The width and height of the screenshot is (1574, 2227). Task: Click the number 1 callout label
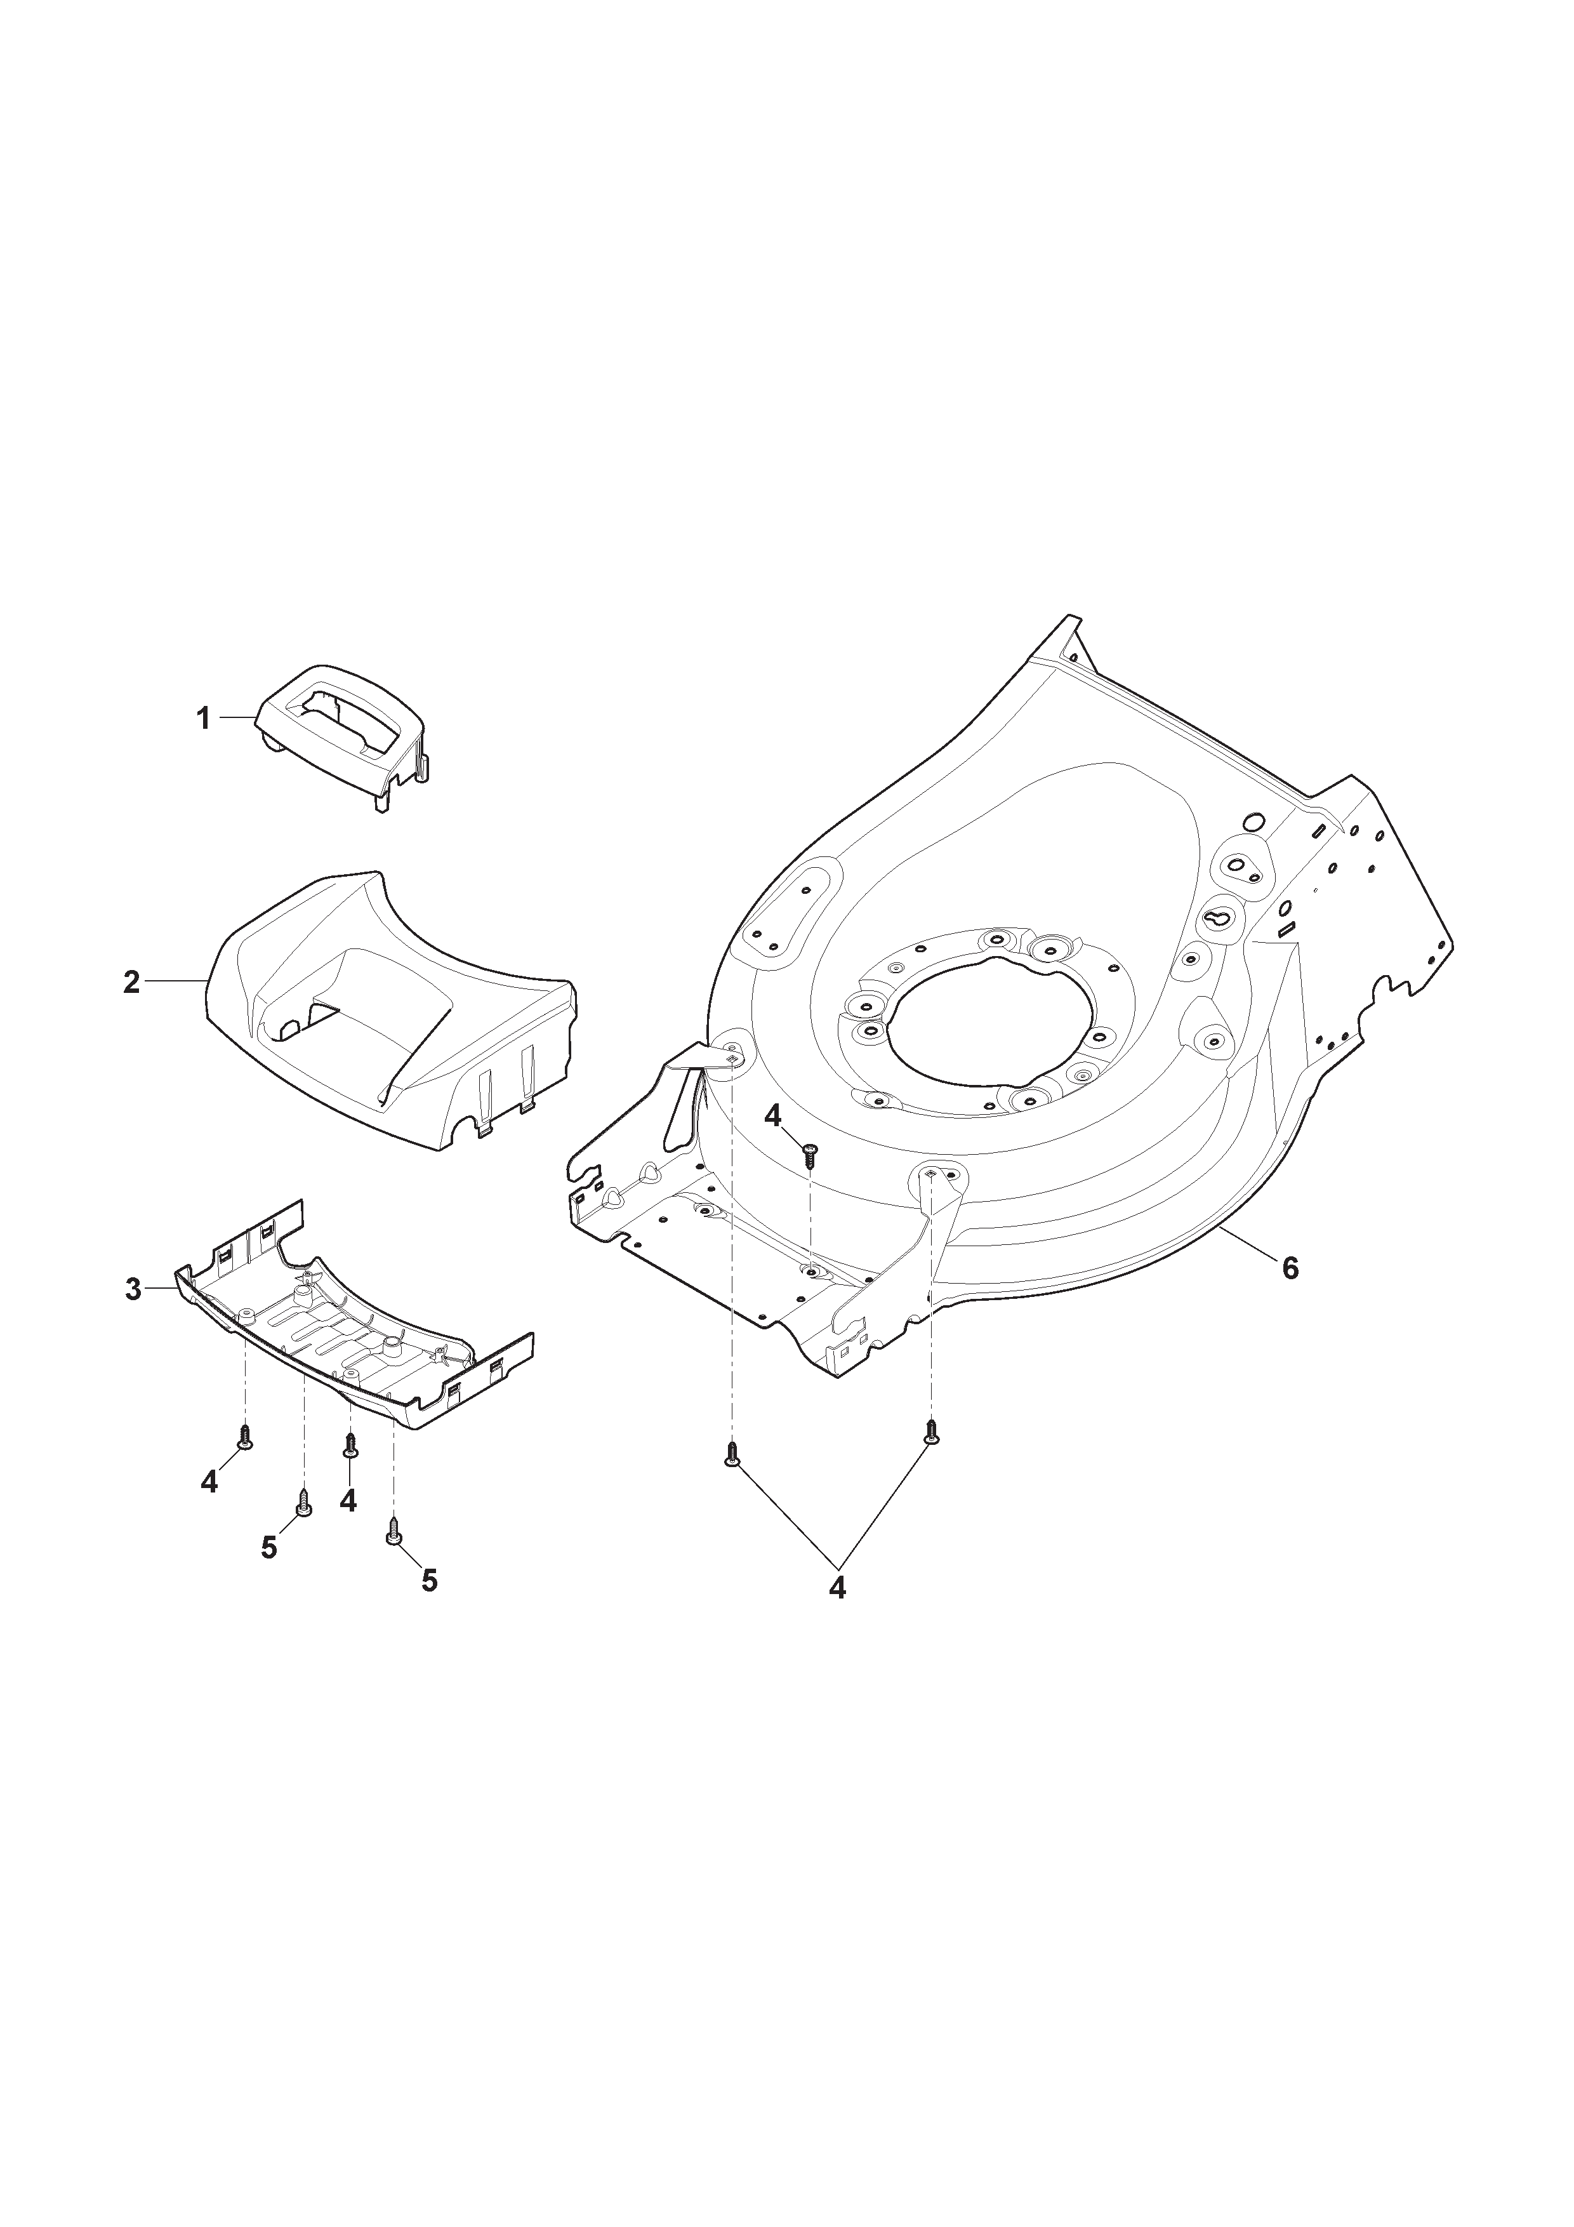point(202,720)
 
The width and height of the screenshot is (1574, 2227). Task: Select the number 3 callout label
point(134,1290)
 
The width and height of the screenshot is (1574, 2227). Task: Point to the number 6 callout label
point(1290,1268)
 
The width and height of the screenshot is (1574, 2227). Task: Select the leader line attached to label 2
point(176,983)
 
